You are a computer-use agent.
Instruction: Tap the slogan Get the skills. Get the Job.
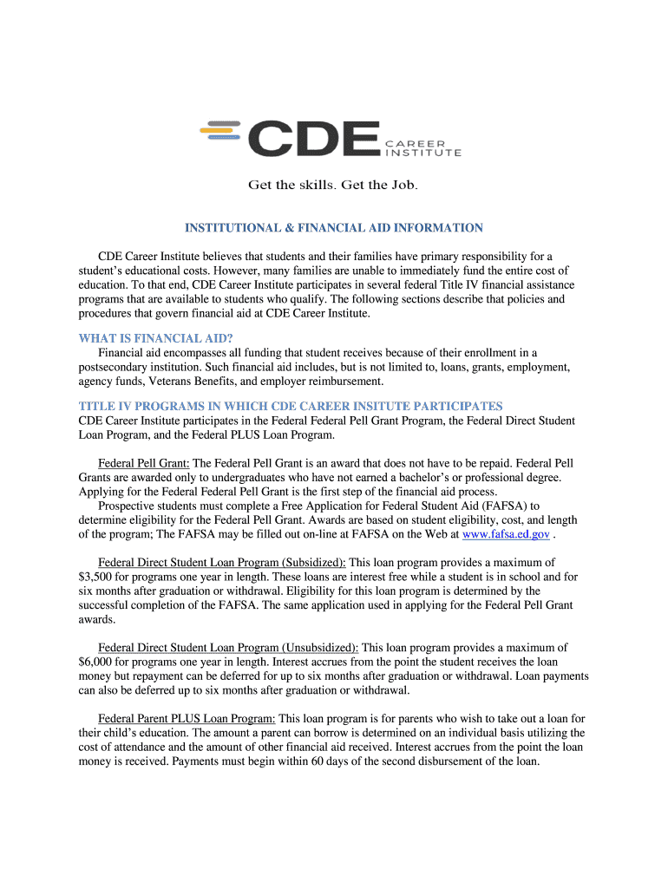(x=333, y=185)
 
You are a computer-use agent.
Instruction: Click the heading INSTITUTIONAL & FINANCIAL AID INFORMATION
(x=333, y=228)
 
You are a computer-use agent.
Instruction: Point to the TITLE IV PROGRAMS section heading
(x=291, y=406)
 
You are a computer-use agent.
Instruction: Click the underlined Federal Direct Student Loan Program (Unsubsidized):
(x=228, y=647)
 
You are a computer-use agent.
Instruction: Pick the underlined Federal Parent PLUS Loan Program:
(x=187, y=718)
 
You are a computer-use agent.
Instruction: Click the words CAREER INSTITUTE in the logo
(x=423, y=148)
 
